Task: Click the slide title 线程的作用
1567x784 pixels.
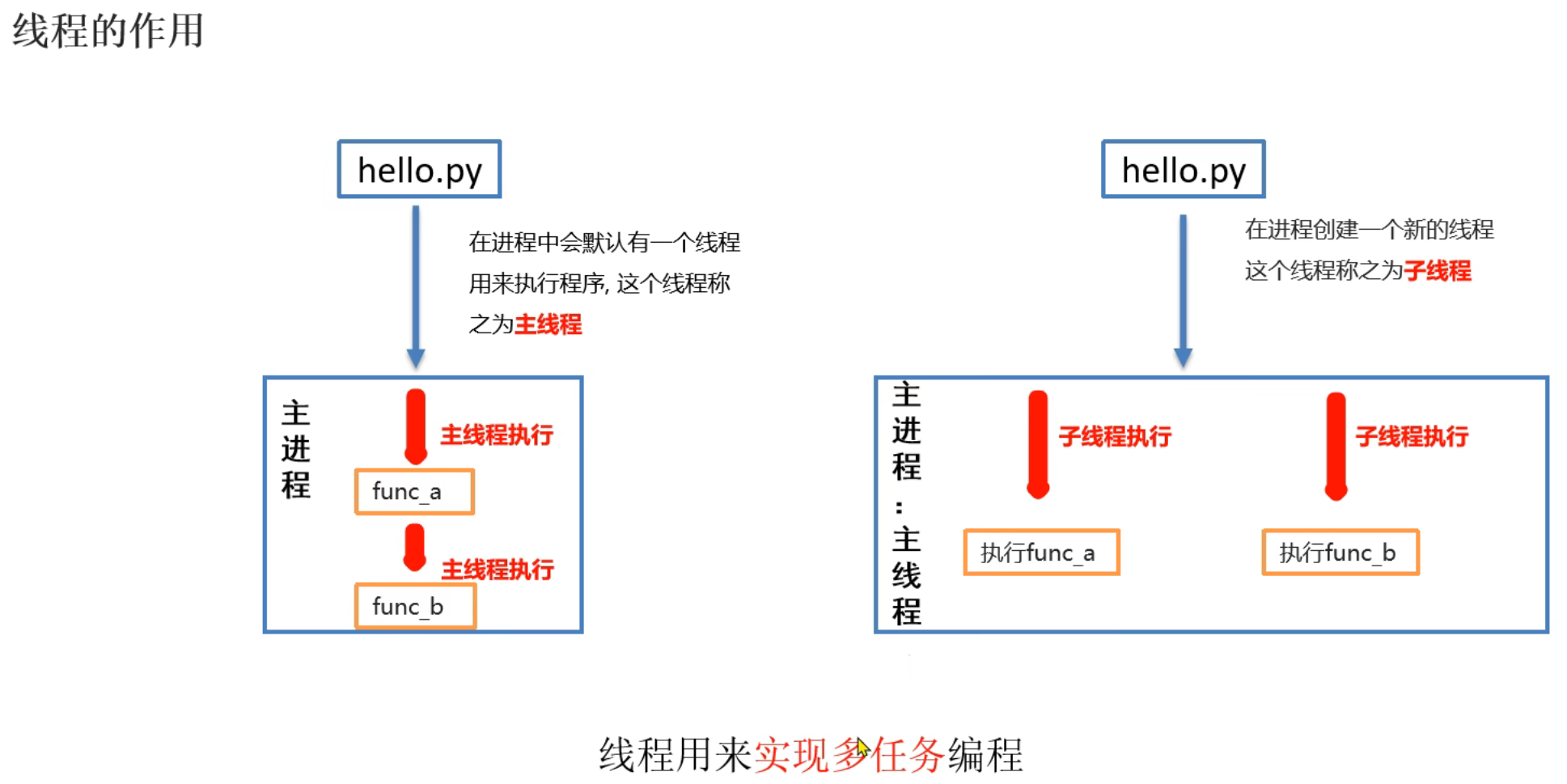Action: pyautogui.click(x=108, y=31)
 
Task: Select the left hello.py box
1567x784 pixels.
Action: pyautogui.click(x=419, y=169)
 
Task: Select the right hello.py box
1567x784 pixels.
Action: pyautogui.click(x=1183, y=169)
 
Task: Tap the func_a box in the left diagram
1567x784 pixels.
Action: pyautogui.click(x=414, y=491)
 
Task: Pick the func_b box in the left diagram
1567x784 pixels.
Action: pyautogui.click(x=415, y=606)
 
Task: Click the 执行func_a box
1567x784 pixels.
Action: pyautogui.click(x=1041, y=553)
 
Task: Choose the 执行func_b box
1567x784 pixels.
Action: pyautogui.click(x=1340, y=553)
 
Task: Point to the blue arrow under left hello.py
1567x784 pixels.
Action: pyautogui.click(x=416, y=283)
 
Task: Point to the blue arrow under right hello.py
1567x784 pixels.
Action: pyautogui.click(x=1183, y=287)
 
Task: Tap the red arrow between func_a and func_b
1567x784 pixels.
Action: pyautogui.click(x=414, y=547)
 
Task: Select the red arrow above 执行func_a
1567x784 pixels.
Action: pyautogui.click(x=1038, y=443)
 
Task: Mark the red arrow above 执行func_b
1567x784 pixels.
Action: pyautogui.click(x=1336, y=445)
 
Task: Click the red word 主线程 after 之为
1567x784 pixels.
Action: pyautogui.click(x=548, y=324)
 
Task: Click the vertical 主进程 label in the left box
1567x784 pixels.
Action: pyautogui.click(x=296, y=449)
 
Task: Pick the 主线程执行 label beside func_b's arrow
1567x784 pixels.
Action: pyautogui.click(x=498, y=570)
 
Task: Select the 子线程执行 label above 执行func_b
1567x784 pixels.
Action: pyautogui.click(x=1412, y=437)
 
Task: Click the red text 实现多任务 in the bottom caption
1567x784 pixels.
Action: pyautogui.click(x=849, y=755)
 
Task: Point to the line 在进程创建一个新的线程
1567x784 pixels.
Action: pyautogui.click(x=1369, y=230)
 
